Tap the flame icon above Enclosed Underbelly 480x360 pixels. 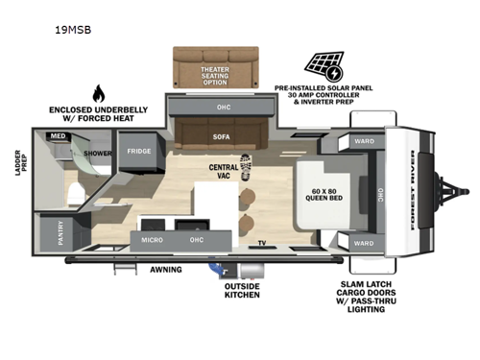[x=97, y=93]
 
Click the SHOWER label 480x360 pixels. [x=98, y=152]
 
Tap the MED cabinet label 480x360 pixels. [x=58, y=136]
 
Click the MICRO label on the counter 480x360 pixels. [x=152, y=238]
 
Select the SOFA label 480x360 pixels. [x=220, y=137]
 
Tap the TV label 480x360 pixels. [x=261, y=244]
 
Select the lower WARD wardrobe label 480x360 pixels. [x=364, y=243]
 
